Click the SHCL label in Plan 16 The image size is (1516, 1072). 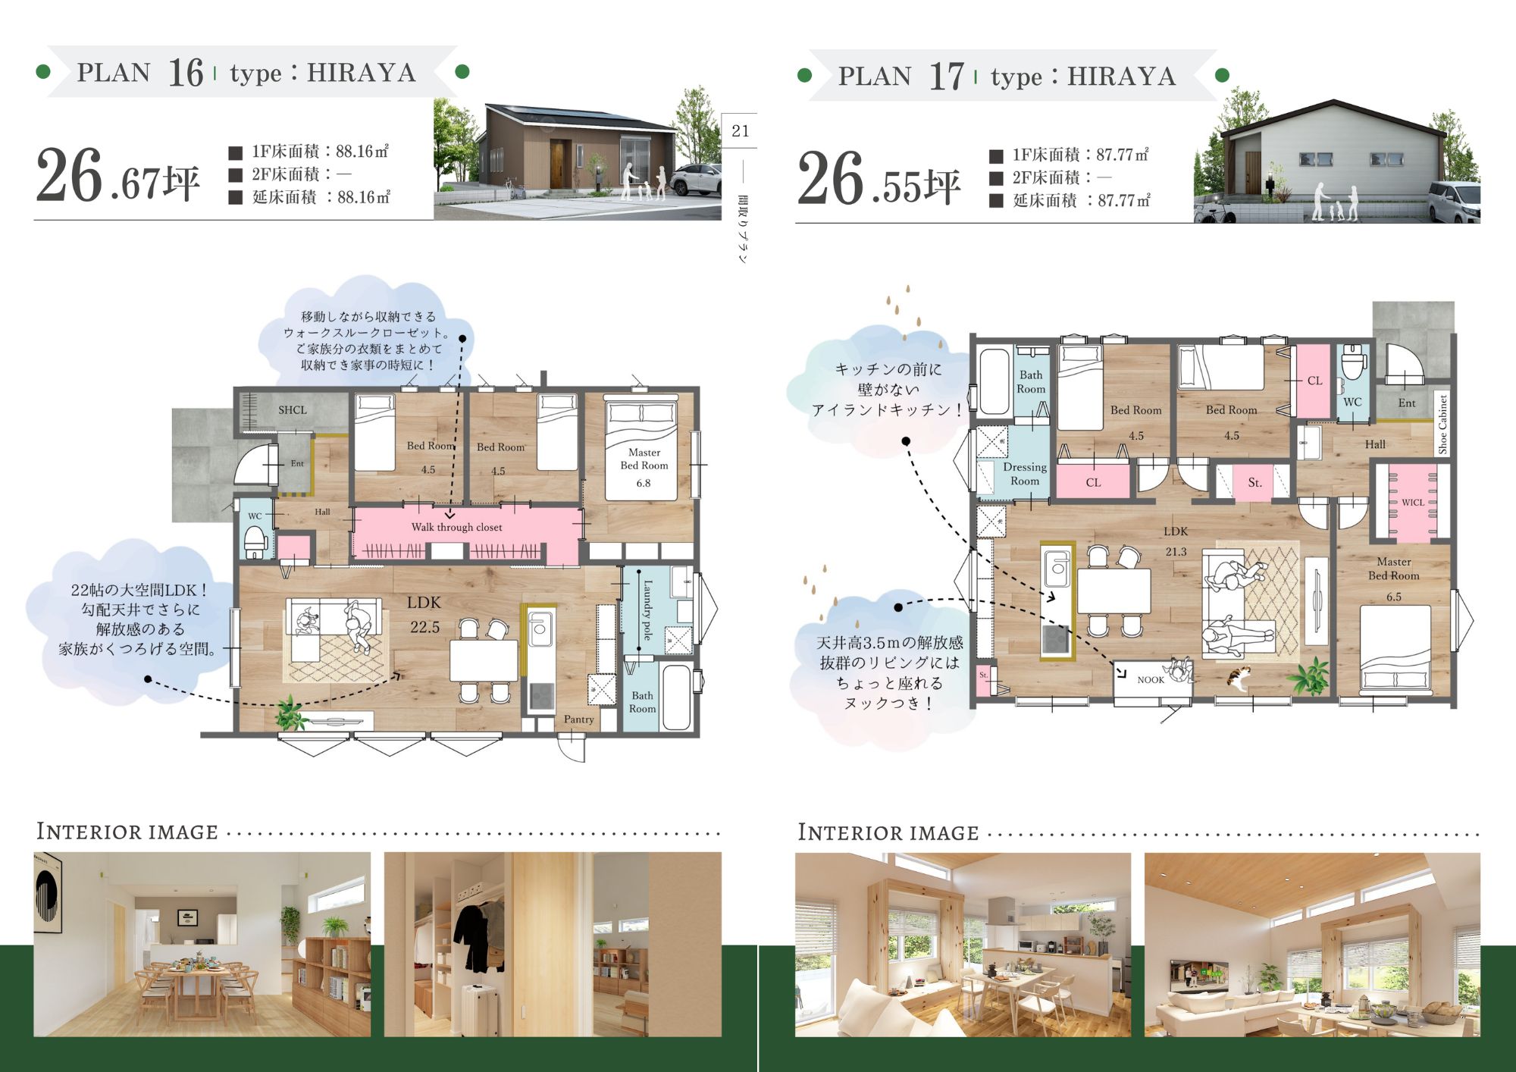click(x=293, y=410)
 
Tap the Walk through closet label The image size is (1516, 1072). click(x=456, y=527)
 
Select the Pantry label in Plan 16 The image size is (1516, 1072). click(x=578, y=719)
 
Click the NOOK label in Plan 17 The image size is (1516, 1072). click(x=1151, y=680)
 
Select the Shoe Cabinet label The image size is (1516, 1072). click(x=1442, y=425)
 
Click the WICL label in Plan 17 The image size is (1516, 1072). click(x=1412, y=502)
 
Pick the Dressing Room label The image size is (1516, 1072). click(x=1025, y=474)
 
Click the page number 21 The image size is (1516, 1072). click(x=741, y=131)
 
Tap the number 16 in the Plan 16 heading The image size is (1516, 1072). click(x=186, y=74)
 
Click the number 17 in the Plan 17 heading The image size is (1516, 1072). click(x=947, y=77)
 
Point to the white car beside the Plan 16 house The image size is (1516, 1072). click(x=697, y=180)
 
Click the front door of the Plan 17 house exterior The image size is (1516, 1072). click(x=1252, y=172)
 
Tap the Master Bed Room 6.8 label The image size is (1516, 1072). click(x=644, y=467)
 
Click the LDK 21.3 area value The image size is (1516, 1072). click(x=1176, y=552)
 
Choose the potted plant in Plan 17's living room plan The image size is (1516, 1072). click(x=1310, y=677)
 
